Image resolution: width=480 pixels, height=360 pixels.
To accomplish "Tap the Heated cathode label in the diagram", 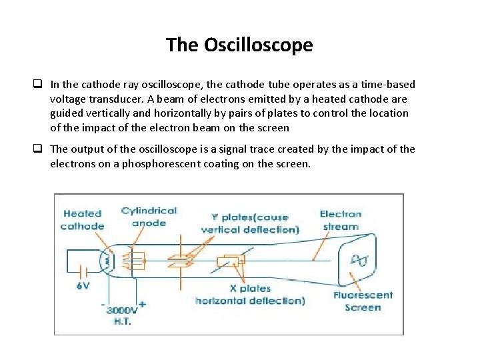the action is tap(82, 220).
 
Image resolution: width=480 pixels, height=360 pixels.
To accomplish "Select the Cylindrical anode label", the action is tap(149, 217).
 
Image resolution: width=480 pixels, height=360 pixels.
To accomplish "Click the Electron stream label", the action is tap(340, 220).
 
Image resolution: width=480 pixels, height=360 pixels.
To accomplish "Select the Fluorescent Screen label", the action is tap(363, 301).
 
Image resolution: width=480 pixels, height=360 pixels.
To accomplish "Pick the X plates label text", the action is tap(250, 289).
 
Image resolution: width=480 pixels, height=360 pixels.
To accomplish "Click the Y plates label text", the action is tap(249, 217).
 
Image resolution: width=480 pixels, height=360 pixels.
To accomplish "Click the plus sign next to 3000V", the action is tap(141, 304).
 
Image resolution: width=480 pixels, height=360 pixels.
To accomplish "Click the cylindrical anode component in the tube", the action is tap(136, 260).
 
